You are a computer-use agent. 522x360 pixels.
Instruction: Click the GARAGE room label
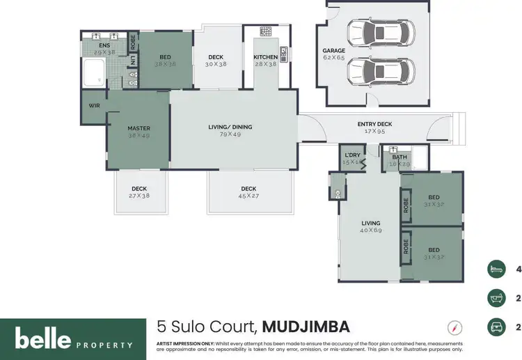tap(334, 51)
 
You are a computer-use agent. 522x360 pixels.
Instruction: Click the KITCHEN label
tap(265, 57)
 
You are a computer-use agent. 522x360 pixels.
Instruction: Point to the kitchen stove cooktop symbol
tap(265, 31)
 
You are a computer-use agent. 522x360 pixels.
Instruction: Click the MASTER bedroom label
tap(139, 128)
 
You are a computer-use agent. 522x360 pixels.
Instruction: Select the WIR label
tap(94, 106)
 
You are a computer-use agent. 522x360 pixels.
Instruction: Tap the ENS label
tap(104, 45)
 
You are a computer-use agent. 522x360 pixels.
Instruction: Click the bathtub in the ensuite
tap(93, 72)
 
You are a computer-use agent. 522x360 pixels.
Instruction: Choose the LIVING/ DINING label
tap(230, 127)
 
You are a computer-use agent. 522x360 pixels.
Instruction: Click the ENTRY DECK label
tap(374, 124)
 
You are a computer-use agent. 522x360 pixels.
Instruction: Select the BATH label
tap(399, 157)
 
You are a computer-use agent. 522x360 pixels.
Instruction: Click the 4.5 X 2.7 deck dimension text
tap(248, 196)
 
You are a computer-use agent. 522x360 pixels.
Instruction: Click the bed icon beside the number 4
tap(496, 269)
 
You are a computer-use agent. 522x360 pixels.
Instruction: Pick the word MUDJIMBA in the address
tap(306, 327)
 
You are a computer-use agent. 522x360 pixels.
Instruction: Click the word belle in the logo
tap(43, 339)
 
